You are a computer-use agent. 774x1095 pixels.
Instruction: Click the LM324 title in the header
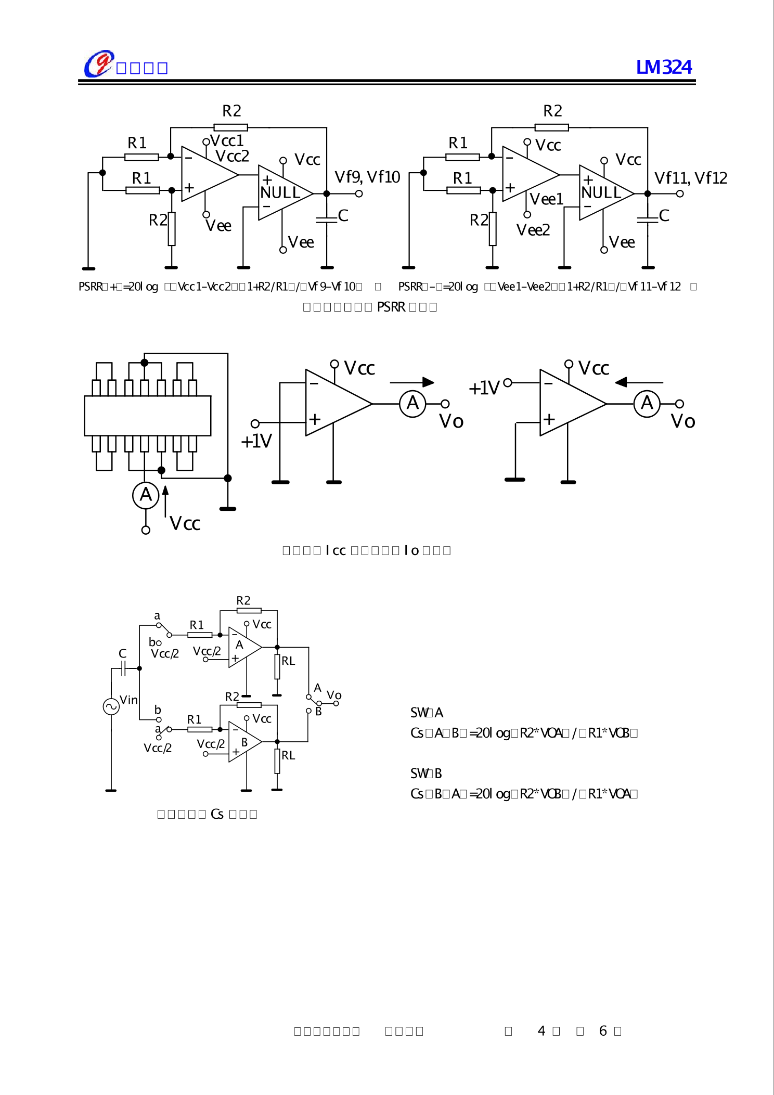(x=664, y=67)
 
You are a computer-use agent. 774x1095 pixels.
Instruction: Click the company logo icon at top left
(x=99, y=64)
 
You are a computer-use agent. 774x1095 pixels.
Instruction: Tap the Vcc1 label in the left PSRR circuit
(x=227, y=140)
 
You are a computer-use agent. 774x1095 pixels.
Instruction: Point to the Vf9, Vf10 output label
(x=367, y=177)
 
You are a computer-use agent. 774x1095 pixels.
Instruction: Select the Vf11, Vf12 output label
(x=690, y=178)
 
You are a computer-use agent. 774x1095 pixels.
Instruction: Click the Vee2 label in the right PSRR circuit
(x=533, y=230)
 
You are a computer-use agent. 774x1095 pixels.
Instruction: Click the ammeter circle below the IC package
(x=146, y=495)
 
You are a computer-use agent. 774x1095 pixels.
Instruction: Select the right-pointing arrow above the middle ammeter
(x=412, y=382)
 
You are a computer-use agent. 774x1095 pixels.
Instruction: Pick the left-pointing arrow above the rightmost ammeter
(x=639, y=382)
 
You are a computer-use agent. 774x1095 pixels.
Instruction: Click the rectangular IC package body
(x=148, y=416)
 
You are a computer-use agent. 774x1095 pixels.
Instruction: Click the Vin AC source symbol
(x=111, y=706)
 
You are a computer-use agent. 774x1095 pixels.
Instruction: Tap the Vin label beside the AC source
(x=129, y=700)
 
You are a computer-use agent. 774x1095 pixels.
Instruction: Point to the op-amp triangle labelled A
(x=243, y=647)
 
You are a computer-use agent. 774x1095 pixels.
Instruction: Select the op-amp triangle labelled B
(x=243, y=742)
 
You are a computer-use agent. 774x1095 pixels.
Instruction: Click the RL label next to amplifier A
(x=288, y=661)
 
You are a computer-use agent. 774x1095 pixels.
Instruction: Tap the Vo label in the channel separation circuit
(x=334, y=695)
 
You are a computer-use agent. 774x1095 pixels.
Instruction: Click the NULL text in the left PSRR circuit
(x=280, y=193)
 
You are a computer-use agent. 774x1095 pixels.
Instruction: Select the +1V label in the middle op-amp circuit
(x=256, y=441)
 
